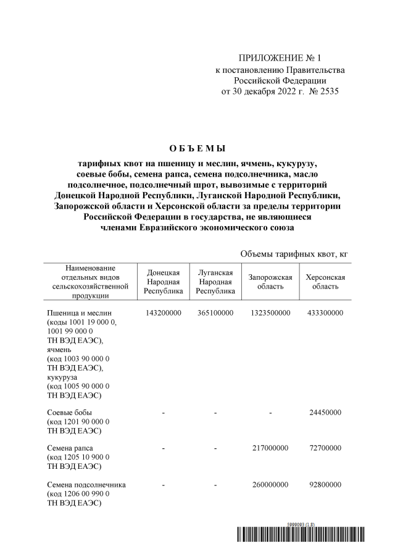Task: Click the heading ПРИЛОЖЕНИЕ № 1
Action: coord(280,59)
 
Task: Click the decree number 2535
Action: coord(326,91)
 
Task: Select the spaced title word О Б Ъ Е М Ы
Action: coord(197,149)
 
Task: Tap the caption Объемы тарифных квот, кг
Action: coord(297,254)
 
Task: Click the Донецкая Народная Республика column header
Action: coord(164,282)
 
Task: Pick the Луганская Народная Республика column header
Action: coord(215,282)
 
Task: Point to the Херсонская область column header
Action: coord(325,282)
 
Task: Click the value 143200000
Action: coord(164,314)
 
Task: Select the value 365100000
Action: coord(215,314)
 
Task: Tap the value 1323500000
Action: coord(270,314)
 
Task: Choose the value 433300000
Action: coord(325,314)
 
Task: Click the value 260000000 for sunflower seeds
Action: coord(270,485)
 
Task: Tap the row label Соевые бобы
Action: coord(69,412)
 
